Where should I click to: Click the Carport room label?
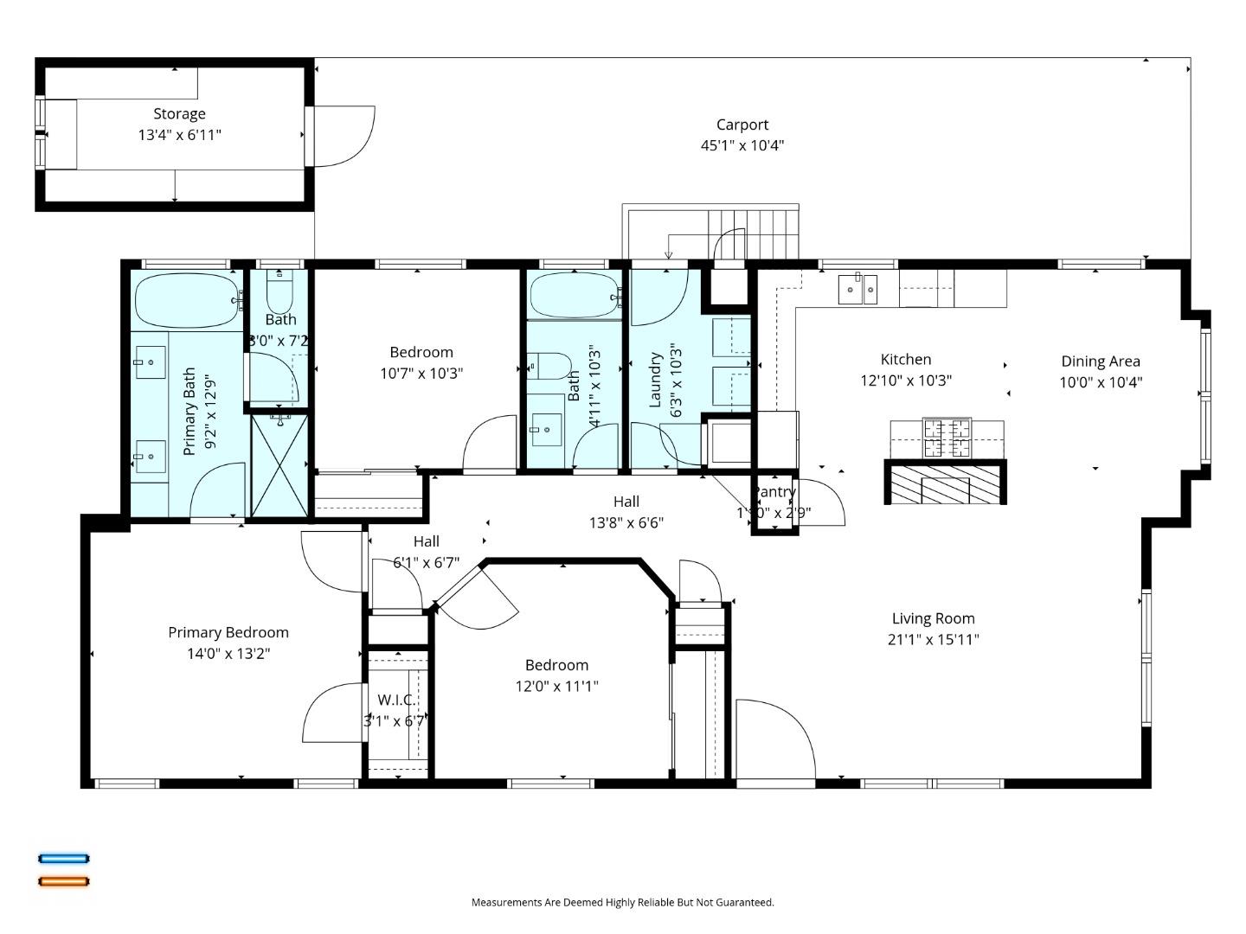tap(742, 125)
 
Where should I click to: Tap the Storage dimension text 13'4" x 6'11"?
tap(179, 135)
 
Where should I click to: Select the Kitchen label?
tap(905, 359)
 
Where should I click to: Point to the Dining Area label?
tap(1100, 361)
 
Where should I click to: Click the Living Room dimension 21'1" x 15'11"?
tap(933, 640)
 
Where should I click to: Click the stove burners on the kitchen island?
tap(947, 437)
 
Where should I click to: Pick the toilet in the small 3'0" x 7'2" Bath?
tap(279, 295)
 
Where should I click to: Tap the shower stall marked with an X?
tap(279, 465)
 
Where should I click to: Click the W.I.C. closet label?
tap(396, 700)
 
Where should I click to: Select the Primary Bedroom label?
tap(228, 632)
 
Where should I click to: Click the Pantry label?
tap(774, 491)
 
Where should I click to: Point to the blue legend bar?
tap(63, 859)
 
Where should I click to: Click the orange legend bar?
tap(63, 881)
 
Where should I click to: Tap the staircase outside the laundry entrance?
tap(753, 231)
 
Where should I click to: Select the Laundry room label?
tap(655, 379)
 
